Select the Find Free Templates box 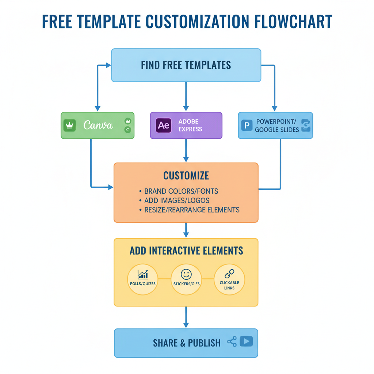point(186,65)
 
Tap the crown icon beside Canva point(69,125)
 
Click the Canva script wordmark point(98,125)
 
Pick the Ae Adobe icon point(163,125)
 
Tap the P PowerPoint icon point(247,126)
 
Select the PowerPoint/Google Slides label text point(277,126)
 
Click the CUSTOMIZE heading point(186,176)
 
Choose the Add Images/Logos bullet point(177,201)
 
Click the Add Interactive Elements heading point(186,251)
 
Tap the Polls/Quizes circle point(143,279)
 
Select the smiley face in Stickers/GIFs point(186,274)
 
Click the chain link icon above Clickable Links point(229,273)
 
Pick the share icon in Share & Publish point(232,342)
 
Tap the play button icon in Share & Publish point(246,341)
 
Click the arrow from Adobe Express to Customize point(186,150)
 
